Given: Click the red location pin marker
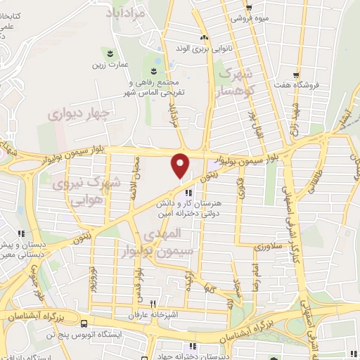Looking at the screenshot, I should (181, 165).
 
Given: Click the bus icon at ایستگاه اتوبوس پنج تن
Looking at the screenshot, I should (85, 325).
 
